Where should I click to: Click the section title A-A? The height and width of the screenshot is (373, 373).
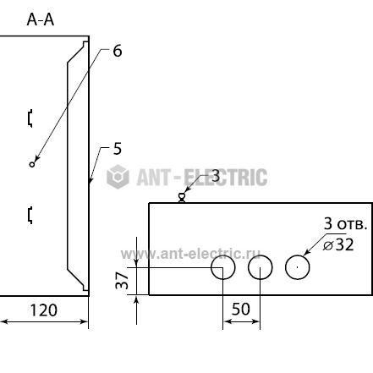pos(41,20)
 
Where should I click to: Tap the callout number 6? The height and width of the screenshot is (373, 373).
pos(118,51)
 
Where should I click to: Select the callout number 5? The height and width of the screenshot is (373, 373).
pos(118,149)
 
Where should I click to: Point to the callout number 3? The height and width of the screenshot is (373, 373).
pos(216,176)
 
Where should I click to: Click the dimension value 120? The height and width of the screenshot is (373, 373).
pos(44,310)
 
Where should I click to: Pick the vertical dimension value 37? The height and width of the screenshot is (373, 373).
pos(122,280)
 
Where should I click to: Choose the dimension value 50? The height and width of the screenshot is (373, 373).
pos(241,309)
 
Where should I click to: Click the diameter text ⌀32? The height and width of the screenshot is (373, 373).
pos(338,244)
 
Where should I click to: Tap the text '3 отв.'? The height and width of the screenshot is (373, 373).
pos(346,224)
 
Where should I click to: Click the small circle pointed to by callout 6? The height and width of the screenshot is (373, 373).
pos(32,164)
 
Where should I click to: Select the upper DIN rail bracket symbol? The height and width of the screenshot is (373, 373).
pos(30,118)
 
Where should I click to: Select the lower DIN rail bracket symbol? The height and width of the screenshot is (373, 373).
pos(30,216)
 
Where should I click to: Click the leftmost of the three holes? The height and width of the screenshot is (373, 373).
pos(223,255)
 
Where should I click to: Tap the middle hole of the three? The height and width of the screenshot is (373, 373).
pos(261,255)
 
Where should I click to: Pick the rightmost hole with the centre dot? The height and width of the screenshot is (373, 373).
pos(298,255)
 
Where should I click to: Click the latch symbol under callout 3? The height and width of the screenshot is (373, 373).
pos(182,198)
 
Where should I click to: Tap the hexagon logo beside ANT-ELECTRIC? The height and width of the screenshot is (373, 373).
pos(118,177)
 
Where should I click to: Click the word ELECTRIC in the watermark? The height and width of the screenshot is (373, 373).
pos(226,178)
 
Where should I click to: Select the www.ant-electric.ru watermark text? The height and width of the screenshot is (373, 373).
pos(190,254)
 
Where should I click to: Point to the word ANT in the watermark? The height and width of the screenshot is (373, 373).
pos(154,178)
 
